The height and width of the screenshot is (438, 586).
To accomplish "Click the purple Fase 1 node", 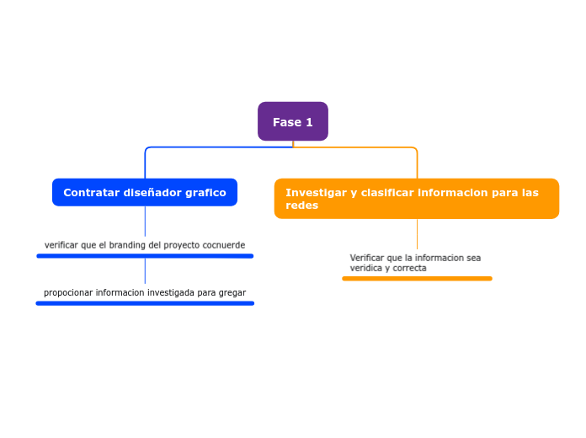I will pos(292,122).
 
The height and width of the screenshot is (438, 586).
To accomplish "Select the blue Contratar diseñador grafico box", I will pos(145,192).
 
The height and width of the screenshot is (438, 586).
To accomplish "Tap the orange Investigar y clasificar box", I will pos(416,199).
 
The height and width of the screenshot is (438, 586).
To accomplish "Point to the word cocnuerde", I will pos(223,245).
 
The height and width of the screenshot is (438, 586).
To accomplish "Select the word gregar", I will pos(232,293).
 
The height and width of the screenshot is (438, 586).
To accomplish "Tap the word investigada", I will pos(171,293).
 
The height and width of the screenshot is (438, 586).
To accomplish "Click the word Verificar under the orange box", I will pos(367,258).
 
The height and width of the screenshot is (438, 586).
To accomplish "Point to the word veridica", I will pos(366,269).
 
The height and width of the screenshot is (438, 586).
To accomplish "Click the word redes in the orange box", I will pos(301,206).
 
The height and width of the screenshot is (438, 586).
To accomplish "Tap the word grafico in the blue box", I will pos(205,192).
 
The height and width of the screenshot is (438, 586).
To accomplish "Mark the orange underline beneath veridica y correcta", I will pos(417,278).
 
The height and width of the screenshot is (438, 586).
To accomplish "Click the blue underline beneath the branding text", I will pos(145,256).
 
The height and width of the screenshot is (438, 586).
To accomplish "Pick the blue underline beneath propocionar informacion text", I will pos(145,303).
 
